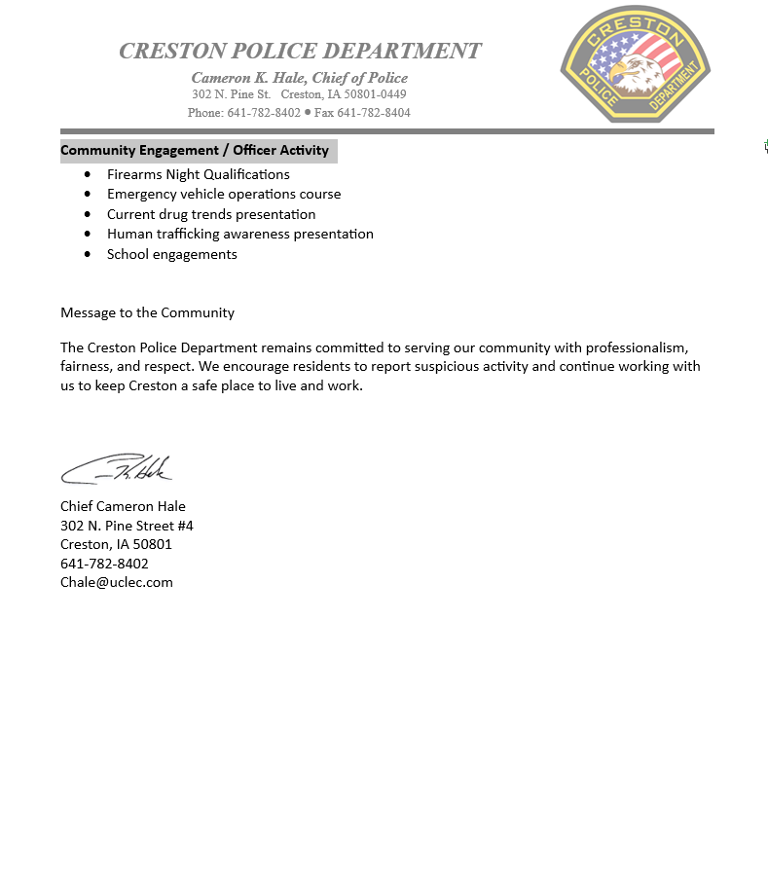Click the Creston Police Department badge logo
(636, 64)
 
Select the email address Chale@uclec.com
(117, 582)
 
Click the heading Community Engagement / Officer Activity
(195, 151)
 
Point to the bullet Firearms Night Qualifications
(199, 174)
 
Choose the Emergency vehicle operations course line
(224, 194)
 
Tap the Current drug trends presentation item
(211, 214)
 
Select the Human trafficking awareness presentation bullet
(240, 234)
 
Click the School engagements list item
(172, 254)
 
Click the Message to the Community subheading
(147, 312)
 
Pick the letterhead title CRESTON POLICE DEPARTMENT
(300, 51)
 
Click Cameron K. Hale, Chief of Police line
(300, 78)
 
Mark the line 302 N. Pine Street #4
(127, 526)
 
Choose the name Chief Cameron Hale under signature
(123, 506)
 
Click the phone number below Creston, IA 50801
(104, 564)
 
